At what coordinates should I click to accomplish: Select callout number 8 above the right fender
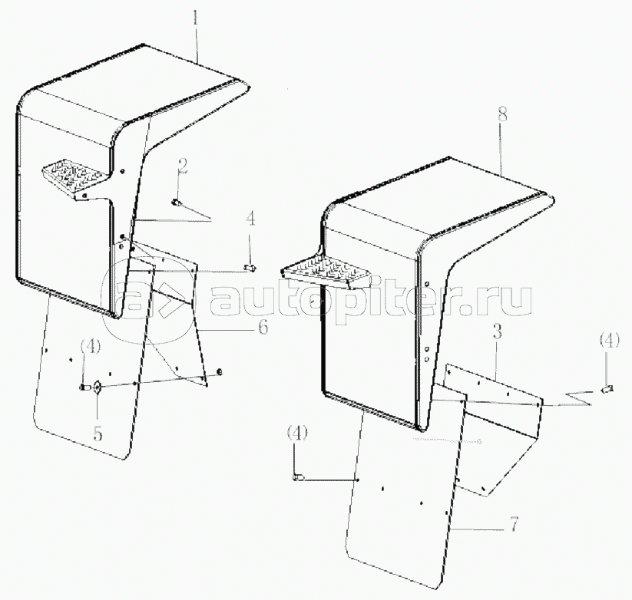[502, 115]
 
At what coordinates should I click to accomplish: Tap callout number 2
[183, 166]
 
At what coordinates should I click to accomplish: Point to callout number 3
[498, 333]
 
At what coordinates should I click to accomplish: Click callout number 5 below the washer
[98, 434]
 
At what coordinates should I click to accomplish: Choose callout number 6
[263, 327]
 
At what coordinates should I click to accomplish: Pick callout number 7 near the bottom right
[513, 524]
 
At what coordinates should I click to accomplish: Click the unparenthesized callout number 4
[250, 219]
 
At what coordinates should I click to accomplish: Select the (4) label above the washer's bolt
[91, 347]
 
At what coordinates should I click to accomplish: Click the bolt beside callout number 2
[176, 203]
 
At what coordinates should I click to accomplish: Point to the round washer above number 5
[97, 387]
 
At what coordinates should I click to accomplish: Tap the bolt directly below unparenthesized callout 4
[250, 267]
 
